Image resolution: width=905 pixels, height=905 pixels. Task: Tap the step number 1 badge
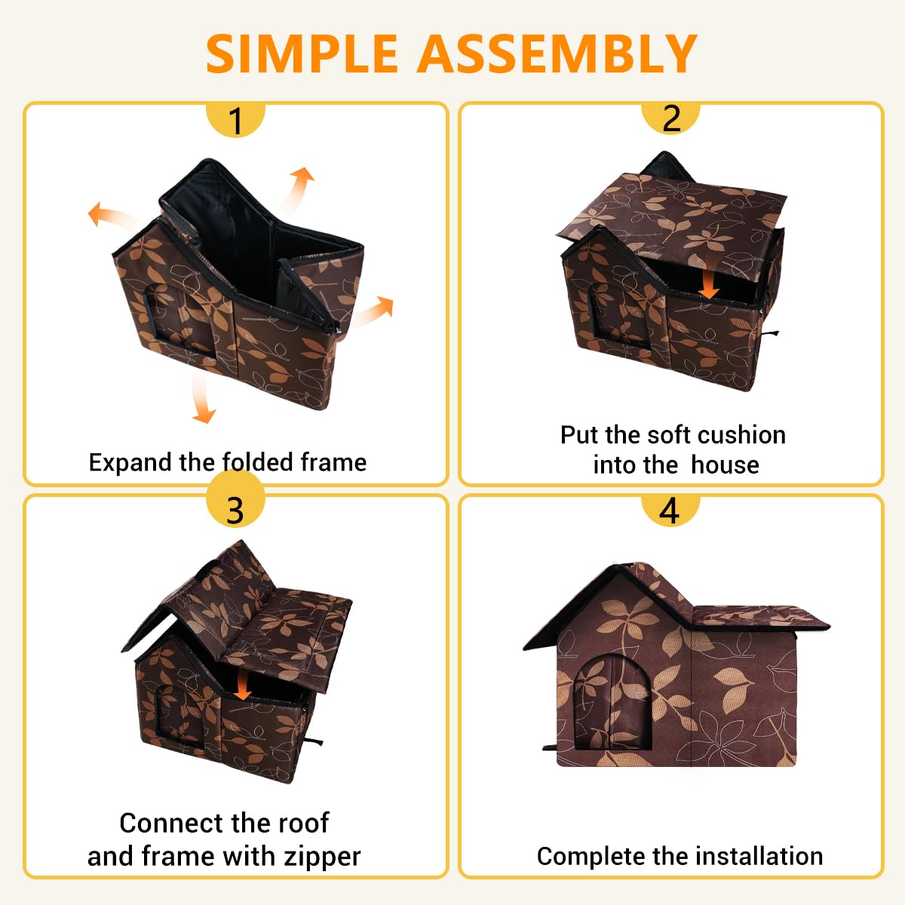tap(236, 120)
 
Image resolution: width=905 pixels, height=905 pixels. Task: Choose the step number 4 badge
tap(670, 511)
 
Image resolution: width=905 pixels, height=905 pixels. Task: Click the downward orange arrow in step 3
tap(242, 684)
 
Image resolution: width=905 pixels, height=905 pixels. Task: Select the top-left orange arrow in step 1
tap(112, 217)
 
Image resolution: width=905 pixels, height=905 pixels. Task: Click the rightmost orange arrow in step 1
tap(373, 311)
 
